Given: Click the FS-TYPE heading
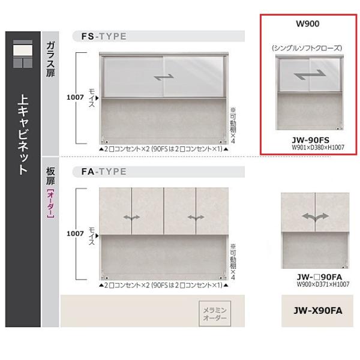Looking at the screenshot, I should [x=104, y=36].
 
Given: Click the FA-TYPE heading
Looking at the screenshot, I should [x=104, y=172].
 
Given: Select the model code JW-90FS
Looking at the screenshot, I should [x=307, y=137].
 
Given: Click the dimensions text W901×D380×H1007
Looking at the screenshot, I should [x=307, y=146].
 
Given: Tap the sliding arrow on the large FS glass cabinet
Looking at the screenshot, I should [x=164, y=77].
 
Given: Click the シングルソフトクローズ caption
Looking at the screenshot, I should [x=307, y=47].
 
